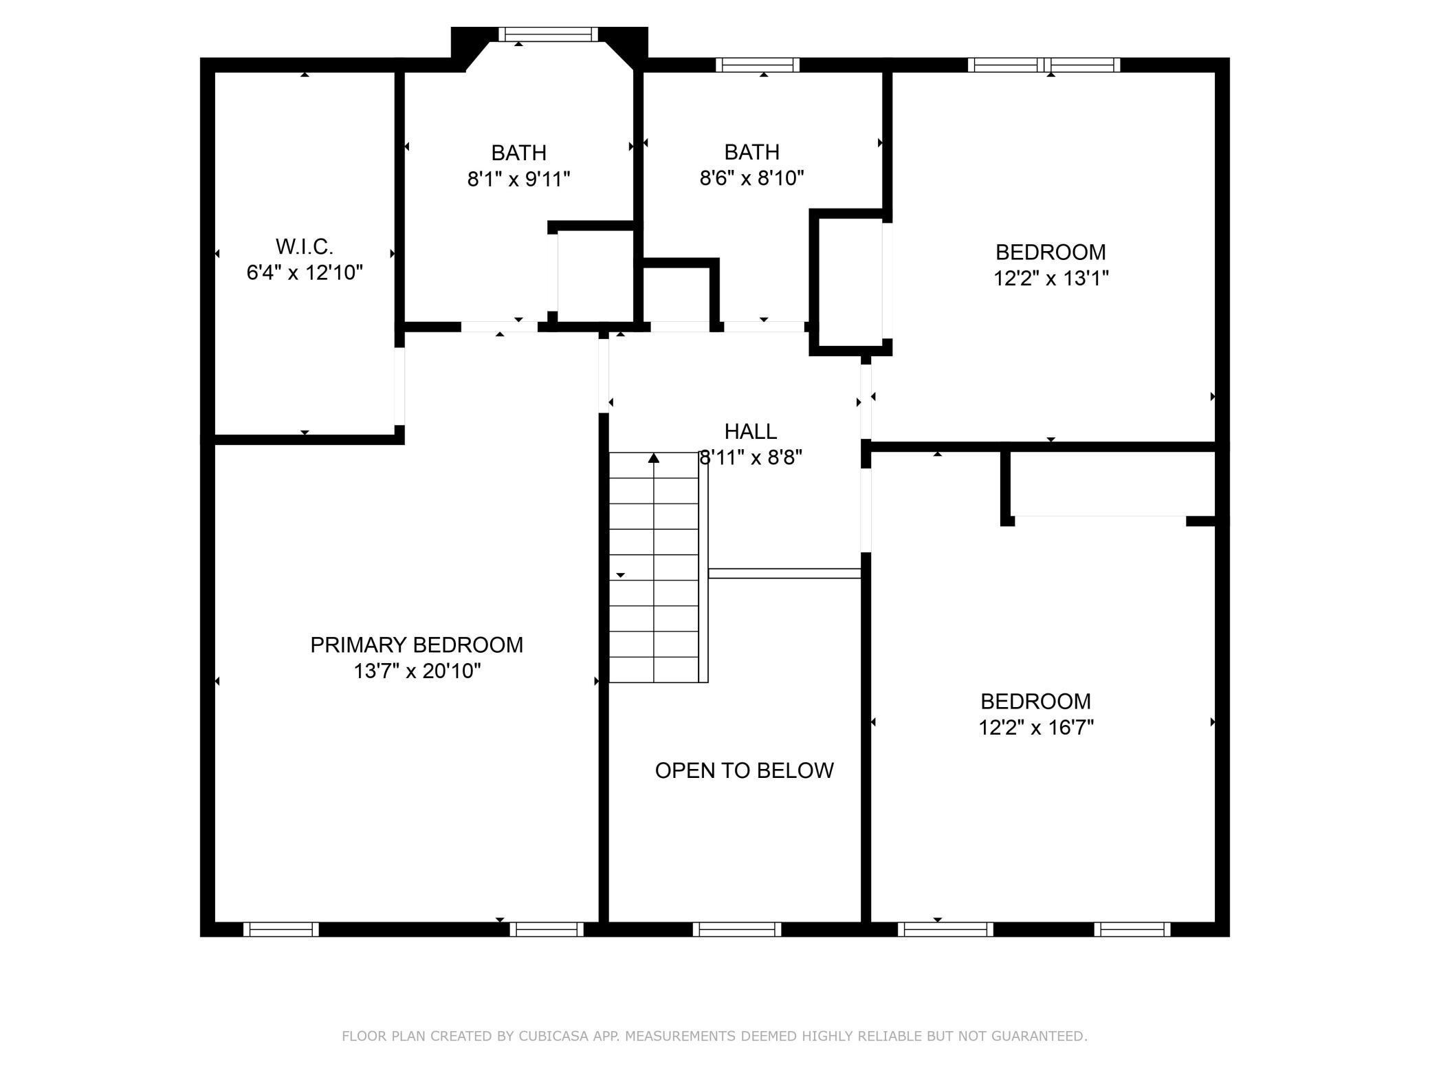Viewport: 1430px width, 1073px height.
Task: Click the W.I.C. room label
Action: click(x=304, y=246)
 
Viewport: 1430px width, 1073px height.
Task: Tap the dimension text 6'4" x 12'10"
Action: click(x=304, y=273)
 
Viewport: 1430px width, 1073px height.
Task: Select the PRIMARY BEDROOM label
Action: click(x=417, y=645)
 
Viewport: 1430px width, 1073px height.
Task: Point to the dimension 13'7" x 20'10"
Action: click(x=417, y=671)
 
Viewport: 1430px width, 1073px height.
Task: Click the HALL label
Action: click(x=750, y=432)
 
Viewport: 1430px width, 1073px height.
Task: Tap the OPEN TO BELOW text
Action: click(x=744, y=770)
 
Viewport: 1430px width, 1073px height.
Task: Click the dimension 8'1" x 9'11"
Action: click(x=518, y=180)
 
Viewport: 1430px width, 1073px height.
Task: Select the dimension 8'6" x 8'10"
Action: click(x=751, y=178)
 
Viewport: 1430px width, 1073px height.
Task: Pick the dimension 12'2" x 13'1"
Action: click(x=1050, y=279)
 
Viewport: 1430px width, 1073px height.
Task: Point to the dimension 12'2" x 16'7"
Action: click(x=1035, y=728)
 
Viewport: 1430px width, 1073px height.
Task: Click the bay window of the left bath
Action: click(x=548, y=34)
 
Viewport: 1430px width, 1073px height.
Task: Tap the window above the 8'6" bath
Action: click(x=757, y=65)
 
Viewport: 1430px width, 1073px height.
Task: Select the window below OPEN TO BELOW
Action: click(x=736, y=929)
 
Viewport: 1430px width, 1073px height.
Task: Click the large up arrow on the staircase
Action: click(x=654, y=457)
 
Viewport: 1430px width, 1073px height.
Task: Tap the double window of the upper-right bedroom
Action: click(x=1044, y=65)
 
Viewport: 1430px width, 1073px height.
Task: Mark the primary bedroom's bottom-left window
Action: click(x=280, y=929)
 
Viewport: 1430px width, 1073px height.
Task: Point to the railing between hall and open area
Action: click(x=784, y=573)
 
